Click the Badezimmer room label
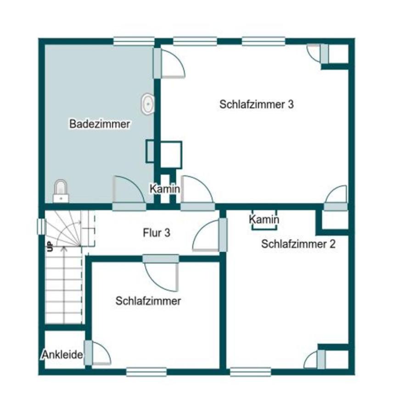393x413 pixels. [x=100, y=124]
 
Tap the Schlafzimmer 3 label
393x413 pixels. [x=257, y=104]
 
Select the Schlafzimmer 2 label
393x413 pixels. [x=298, y=244]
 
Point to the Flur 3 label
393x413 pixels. [x=157, y=233]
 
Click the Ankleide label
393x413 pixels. [x=62, y=355]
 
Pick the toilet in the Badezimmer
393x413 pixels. [x=61, y=191]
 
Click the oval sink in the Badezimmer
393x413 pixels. [x=148, y=104]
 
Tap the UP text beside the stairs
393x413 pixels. [x=50, y=246]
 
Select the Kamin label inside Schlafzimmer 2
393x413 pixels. [x=264, y=219]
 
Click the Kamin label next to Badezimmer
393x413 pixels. [x=165, y=189]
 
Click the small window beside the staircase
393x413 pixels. [x=42, y=227]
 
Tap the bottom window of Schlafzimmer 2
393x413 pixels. [x=250, y=372]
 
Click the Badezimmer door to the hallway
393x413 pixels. [x=129, y=193]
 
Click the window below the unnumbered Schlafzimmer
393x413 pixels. [x=146, y=372]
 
